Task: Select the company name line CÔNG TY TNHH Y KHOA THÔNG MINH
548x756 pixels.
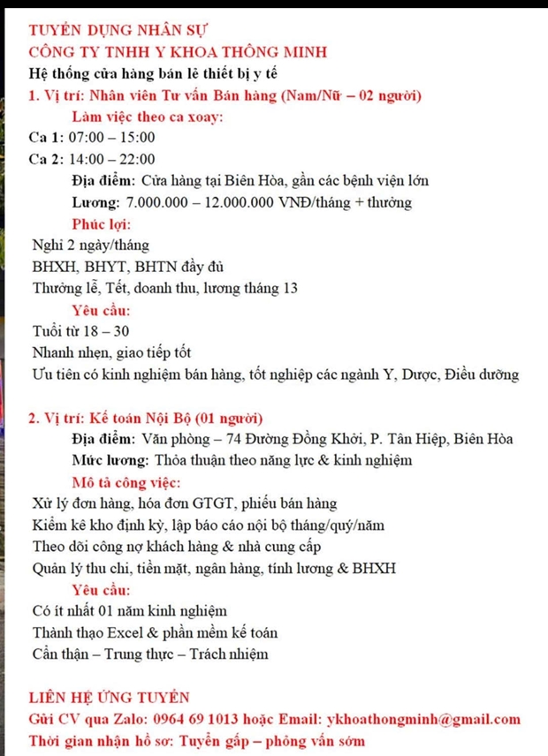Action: click(x=178, y=52)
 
